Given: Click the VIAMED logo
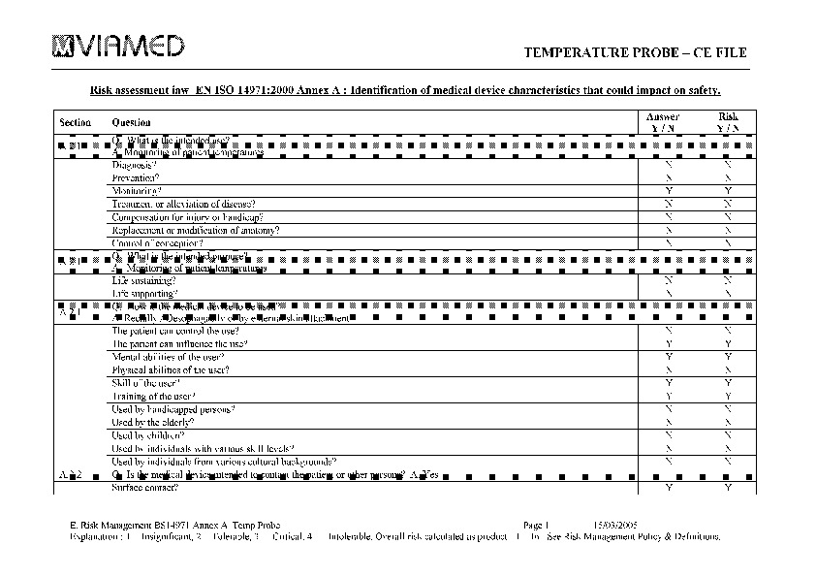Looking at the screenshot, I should coord(117,46).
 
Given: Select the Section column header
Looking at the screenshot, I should coord(75,123).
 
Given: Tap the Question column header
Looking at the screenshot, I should coord(132,123).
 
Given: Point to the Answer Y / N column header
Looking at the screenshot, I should coord(663,122).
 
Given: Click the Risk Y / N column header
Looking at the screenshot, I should coord(728,122).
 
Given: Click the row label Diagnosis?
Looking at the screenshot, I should coord(135,165).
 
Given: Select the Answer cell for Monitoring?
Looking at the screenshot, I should coord(669,191).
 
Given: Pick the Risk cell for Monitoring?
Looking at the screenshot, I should coord(728,191).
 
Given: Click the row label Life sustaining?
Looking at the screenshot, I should coord(144,280).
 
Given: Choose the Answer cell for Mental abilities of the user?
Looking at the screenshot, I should coord(669,357).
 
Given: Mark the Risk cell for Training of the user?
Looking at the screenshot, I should coord(728,397).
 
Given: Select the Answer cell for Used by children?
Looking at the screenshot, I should coord(669,435).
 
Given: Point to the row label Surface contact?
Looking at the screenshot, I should coord(145,488).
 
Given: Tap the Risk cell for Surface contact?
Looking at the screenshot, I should coord(728,488).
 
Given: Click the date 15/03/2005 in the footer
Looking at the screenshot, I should coord(614,523).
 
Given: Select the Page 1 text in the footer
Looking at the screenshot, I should coord(536,523).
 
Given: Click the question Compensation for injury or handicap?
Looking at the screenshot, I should coord(188,217).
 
